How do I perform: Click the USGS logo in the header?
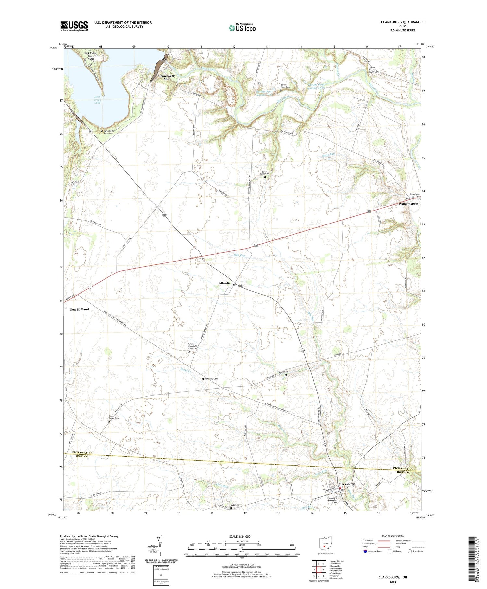(x=74, y=26)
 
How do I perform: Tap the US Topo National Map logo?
(x=242, y=28)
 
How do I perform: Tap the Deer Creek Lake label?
(x=97, y=100)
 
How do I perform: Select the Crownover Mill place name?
(x=166, y=77)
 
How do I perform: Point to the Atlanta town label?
(x=224, y=283)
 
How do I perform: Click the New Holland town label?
(x=79, y=309)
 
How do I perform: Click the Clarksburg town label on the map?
(x=346, y=484)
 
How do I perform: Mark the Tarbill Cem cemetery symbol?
(x=286, y=375)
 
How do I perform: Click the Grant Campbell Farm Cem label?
(x=193, y=346)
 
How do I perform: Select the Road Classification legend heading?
(x=393, y=536)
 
